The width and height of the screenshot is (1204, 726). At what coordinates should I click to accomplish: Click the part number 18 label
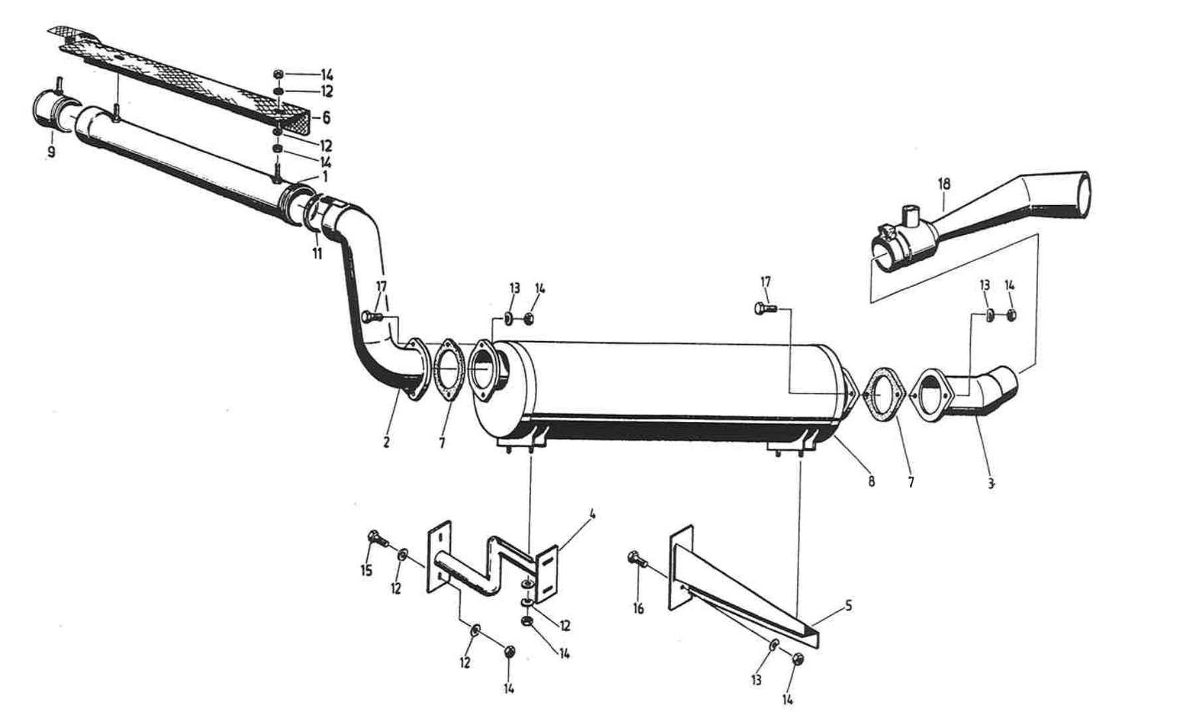coord(944,183)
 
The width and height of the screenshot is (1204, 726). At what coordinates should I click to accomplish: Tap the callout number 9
coord(51,153)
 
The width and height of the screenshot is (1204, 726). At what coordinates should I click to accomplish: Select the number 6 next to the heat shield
coord(326,118)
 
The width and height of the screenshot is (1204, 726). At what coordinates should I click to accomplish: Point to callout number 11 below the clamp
coord(317,254)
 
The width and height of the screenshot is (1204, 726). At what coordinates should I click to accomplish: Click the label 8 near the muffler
coord(871,480)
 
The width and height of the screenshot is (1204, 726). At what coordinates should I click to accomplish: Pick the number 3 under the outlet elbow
coord(990,484)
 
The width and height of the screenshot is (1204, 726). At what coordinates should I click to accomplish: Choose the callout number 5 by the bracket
coord(848,606)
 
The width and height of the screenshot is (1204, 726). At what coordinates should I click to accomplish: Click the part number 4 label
coord(592,514)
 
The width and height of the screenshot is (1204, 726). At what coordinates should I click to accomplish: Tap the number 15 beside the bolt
coord(366,570)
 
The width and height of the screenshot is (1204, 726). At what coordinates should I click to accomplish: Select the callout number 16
coord(638,608)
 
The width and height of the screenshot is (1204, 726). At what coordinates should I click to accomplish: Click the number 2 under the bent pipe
coord(386,441)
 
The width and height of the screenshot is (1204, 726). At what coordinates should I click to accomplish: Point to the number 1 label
coord(325,177)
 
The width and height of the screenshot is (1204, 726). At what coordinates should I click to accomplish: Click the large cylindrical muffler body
coord(664,385)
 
